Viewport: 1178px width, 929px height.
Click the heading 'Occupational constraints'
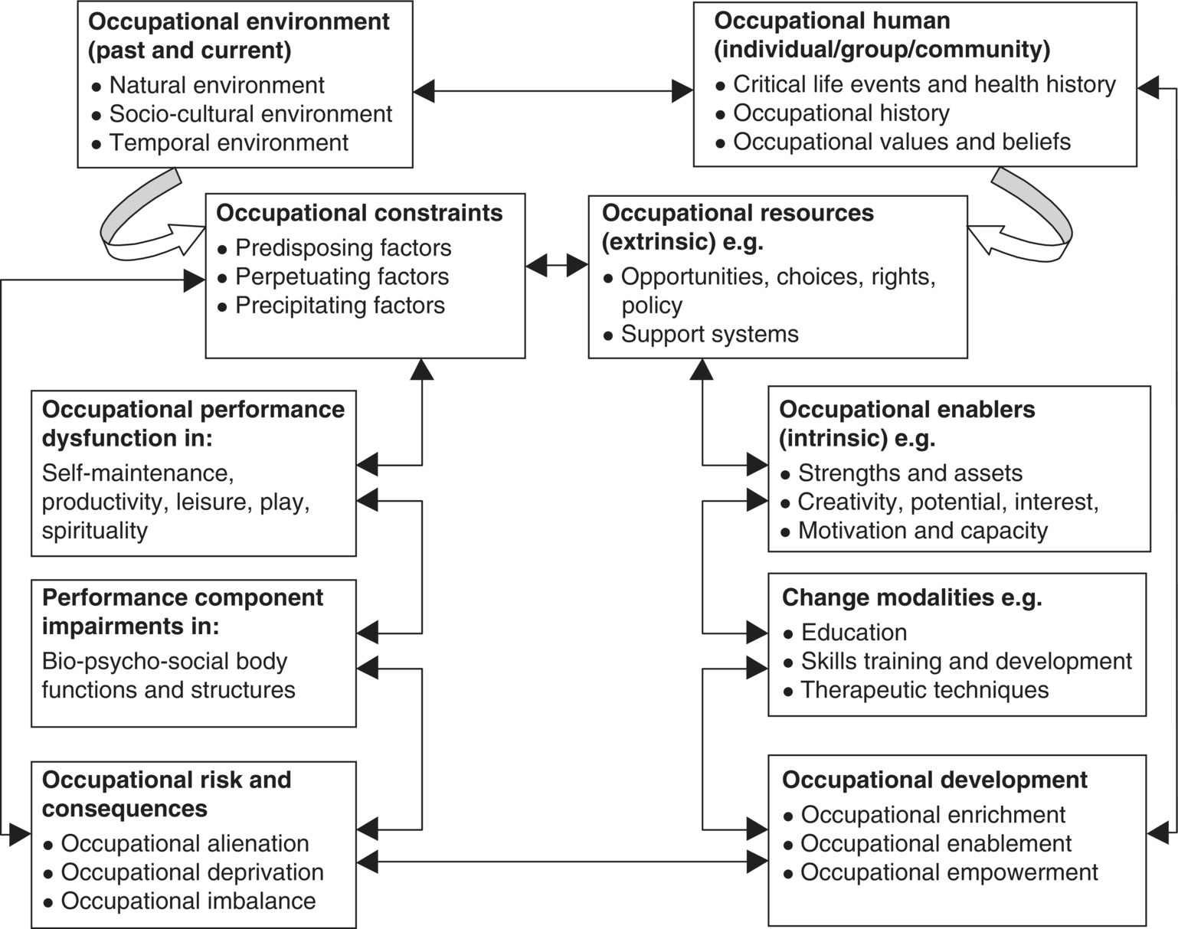[359, 213]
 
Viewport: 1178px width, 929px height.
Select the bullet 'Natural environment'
[217, 85]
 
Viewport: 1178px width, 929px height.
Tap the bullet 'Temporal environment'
[228, 142]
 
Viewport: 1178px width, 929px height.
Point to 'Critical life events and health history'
[924, 84]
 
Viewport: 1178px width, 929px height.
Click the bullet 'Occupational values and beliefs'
[901, 142]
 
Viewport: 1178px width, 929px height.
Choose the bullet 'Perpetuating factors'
[342, 276]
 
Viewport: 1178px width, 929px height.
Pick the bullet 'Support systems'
[709, 334]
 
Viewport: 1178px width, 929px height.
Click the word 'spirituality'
[94, 531]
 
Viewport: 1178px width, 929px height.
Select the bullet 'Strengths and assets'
[910, 473]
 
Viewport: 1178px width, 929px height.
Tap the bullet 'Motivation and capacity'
[922, 531]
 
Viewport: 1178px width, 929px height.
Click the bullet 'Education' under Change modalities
[853, 633]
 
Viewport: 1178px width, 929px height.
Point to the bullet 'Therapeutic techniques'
[924, 690]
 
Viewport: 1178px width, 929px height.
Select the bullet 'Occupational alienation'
[185, 843]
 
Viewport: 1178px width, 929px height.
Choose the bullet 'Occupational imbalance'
[188, 901]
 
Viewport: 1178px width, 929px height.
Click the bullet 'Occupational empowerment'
[949, 872]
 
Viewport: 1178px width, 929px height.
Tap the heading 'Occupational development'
[934, 780]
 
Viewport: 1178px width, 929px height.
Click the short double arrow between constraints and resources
[557, 266]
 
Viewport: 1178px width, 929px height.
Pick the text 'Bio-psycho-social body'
[164, 661]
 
